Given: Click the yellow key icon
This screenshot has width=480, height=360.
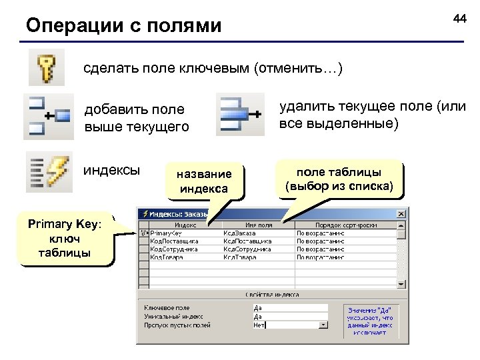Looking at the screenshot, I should pos(46,67).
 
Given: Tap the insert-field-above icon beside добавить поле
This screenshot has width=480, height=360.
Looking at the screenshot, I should pos(48,117).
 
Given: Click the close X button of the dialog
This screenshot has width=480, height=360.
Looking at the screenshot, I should pos(401,214).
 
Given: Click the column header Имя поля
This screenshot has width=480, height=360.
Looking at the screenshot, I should pos(258,225).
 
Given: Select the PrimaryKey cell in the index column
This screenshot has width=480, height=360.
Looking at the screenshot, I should pos(167,233).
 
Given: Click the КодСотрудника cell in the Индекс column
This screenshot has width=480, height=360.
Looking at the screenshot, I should pos(174,249).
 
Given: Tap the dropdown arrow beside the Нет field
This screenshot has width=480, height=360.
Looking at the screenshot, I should pos(323,326).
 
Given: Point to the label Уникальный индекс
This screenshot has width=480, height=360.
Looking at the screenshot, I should pos(173,317).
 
